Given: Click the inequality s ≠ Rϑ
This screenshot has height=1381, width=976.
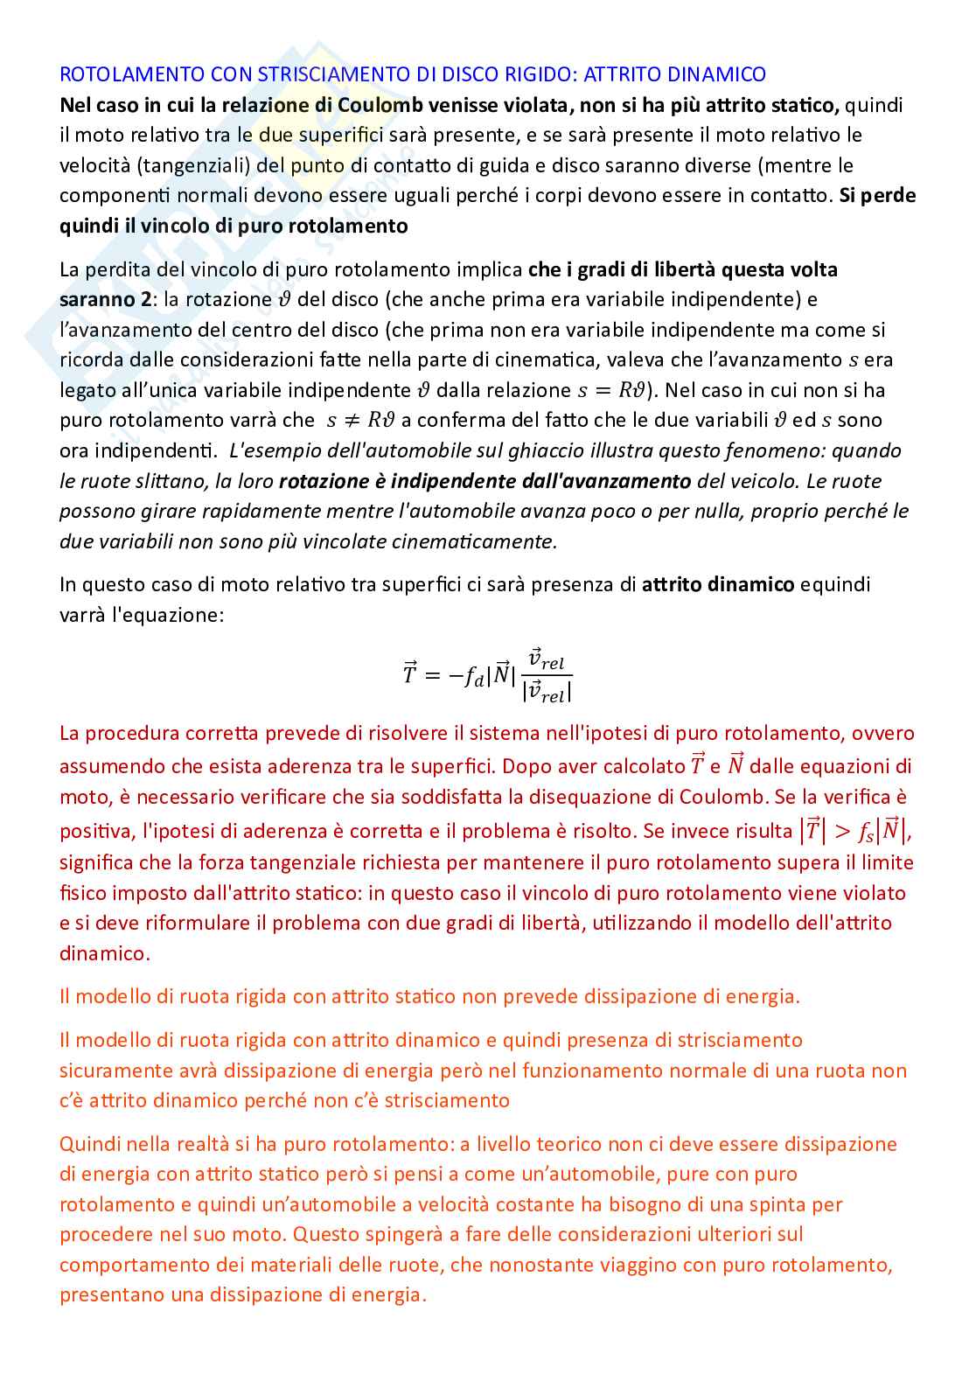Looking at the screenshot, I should pos(360,421).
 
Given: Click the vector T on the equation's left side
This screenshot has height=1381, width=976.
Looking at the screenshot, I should pos(409,674).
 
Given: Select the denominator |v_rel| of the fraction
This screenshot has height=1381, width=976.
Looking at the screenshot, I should pos(547,692).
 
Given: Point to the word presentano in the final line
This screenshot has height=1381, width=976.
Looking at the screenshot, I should pos(112,1295).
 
